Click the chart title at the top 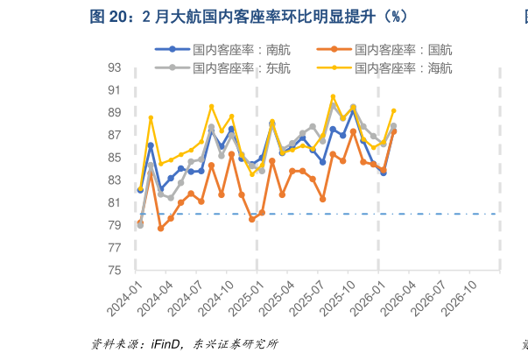pos(249,18)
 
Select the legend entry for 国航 pos(404,50)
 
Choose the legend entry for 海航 pos(404,67)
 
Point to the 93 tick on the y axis pos(115,67)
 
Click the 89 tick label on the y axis pos(115,112)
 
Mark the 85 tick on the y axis pos(115,158)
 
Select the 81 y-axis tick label pos(115,202)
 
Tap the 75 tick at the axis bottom pos(115,271)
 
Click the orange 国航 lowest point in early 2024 pos(161,229)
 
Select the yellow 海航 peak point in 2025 pos(333,96)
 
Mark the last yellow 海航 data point pos(393,110)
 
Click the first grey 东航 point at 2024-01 pos(140,224)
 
